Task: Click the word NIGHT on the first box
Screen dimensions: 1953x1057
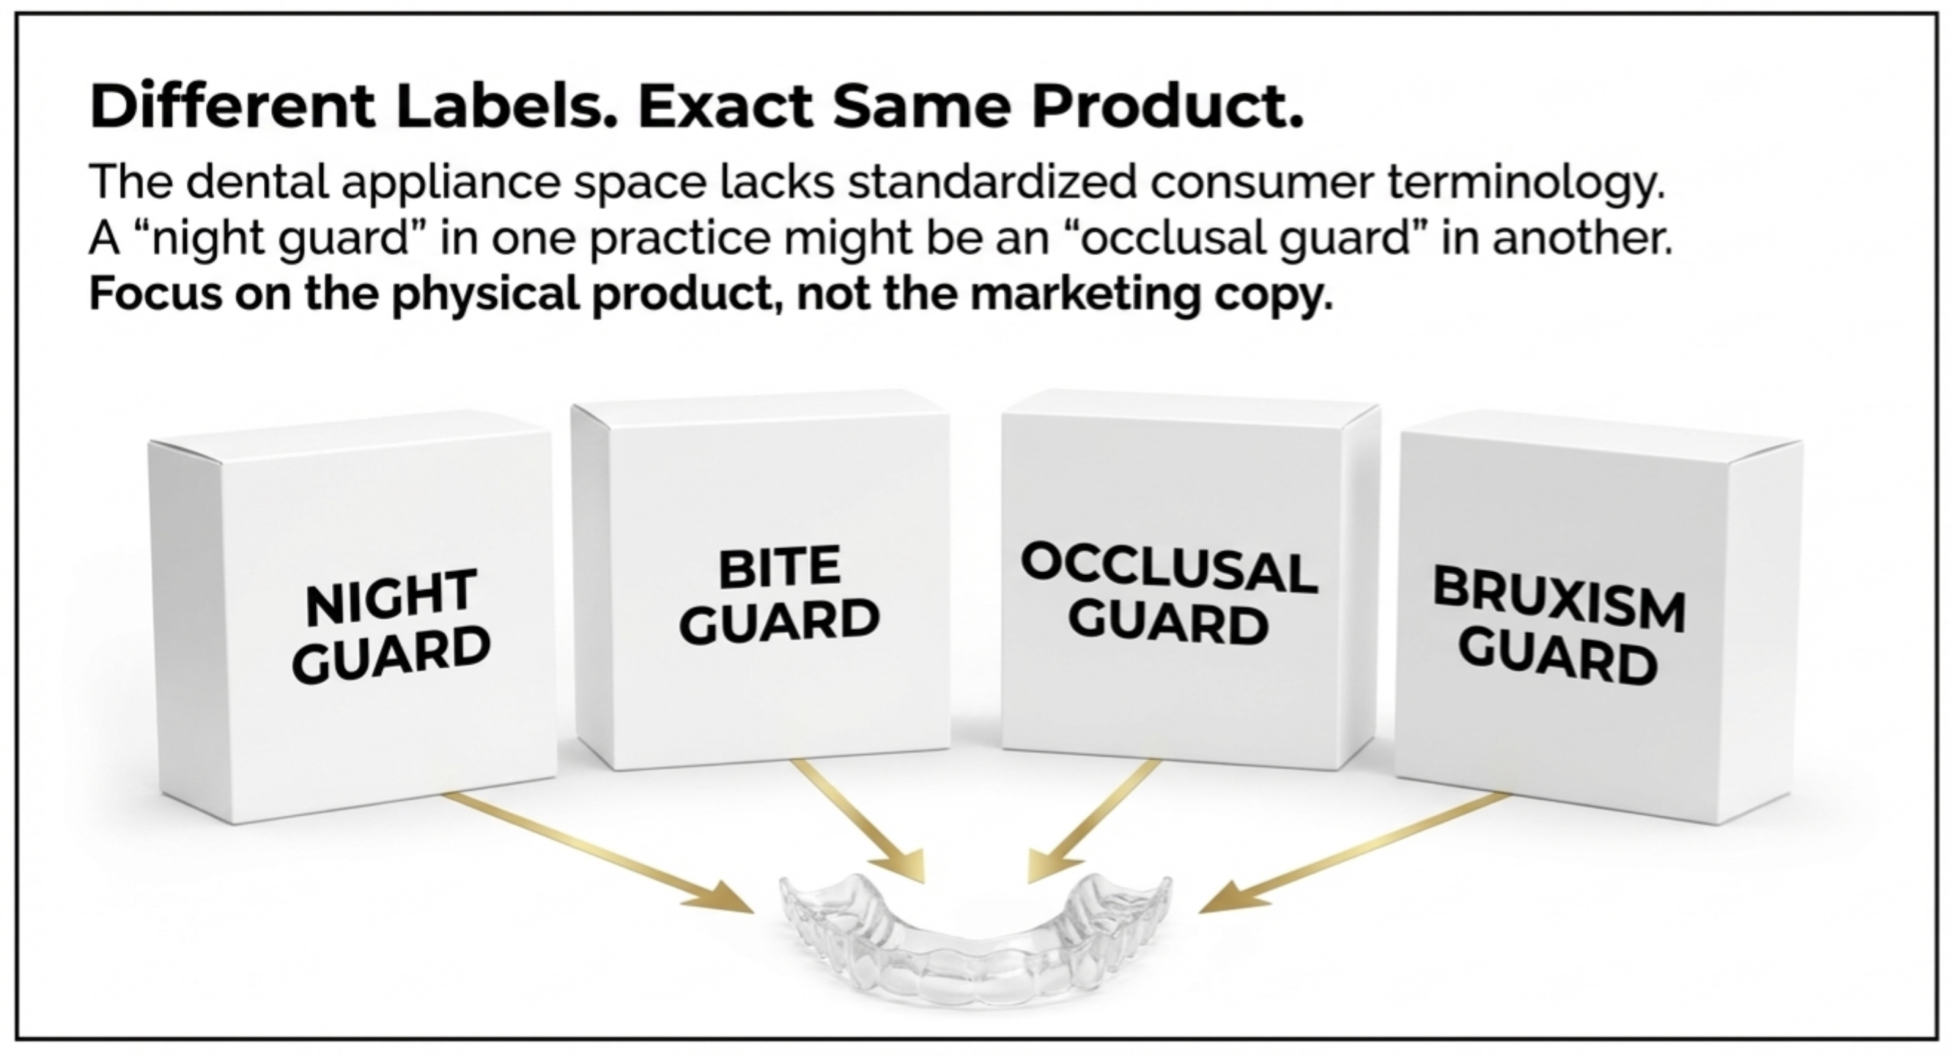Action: click(x=391, y=596)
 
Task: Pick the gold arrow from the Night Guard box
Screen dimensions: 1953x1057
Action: click(x=599, y=852)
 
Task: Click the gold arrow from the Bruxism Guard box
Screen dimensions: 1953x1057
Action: click(x=1355, y=852)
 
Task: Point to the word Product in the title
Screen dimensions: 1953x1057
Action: click(x=1167, y=106)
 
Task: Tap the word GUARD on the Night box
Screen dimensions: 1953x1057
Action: click(x=391, y=654)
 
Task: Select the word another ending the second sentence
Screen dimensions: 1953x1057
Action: click(x=1582, y=238)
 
